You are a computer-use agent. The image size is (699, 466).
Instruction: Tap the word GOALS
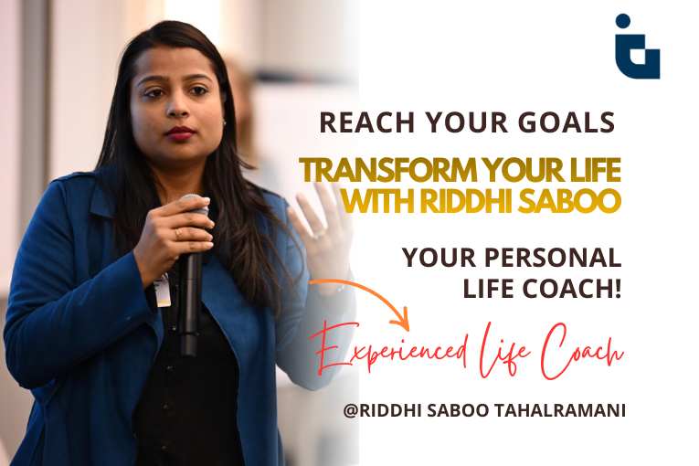click(572, 122)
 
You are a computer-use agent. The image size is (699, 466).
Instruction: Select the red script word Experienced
click(401, 353)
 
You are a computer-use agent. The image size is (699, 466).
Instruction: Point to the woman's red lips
click(179, 133)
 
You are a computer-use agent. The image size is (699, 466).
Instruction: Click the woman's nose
click(179, 109)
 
